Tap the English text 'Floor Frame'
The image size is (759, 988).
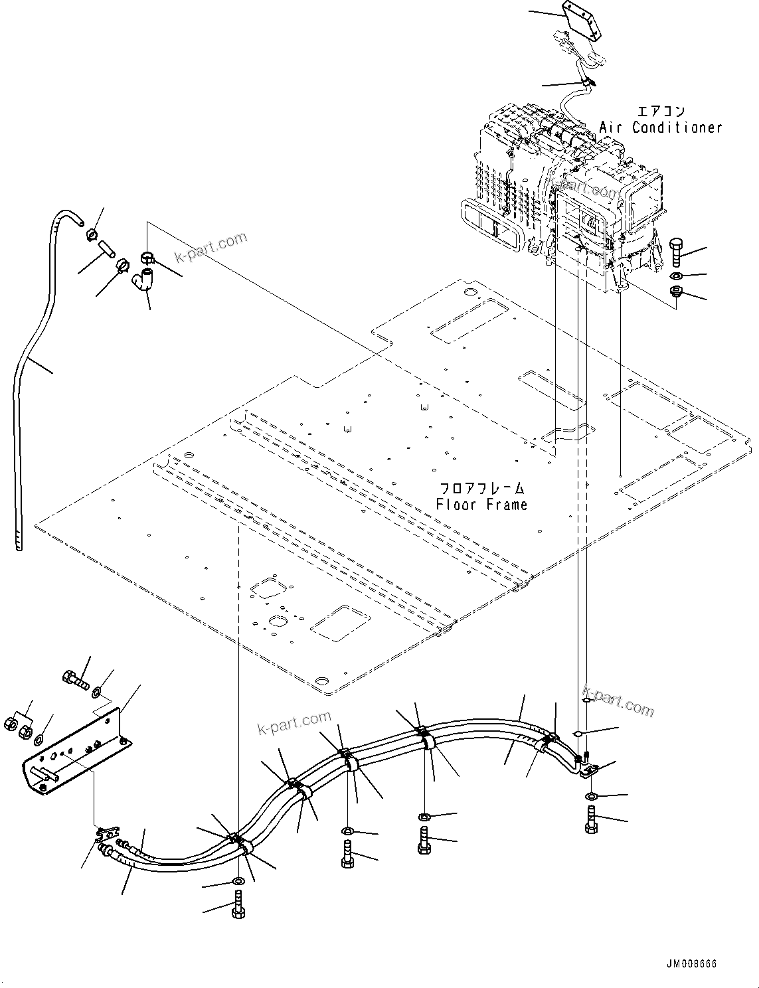coord(481,505)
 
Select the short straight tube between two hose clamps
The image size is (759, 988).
coord(107,250)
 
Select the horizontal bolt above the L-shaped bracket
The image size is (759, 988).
coord(76,679)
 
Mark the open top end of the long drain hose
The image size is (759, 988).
coord(74,216)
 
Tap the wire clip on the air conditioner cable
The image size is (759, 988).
coord(587,82)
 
